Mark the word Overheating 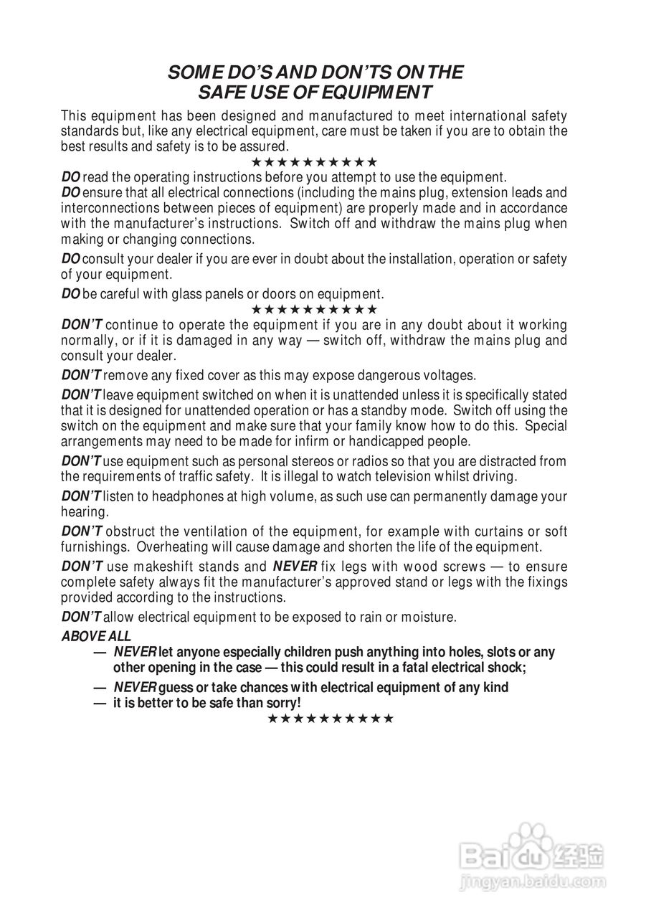(175, 546)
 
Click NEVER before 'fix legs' (295, 567)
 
